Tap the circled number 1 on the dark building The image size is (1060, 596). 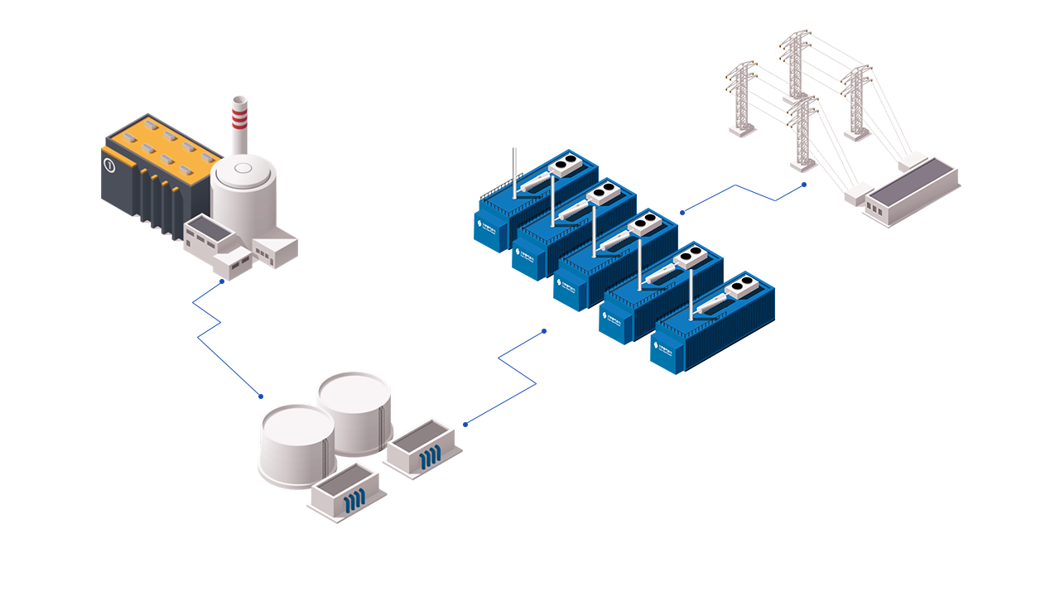pyautogui.click(x=108, y=165)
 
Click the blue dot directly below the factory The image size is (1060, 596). pyautogui.click(x=222, y=281)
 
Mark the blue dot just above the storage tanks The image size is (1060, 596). pyautogui.click(x=261, y=396)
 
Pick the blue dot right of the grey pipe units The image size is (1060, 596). pyautogui.click(x=465, y=425)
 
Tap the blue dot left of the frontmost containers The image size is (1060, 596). pyautogui.click(x=544, y=331)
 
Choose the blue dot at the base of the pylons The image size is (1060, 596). pyautogui.click(x=803, y=185)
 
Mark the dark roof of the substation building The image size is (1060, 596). pyautogui.click(x=911, y=186)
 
